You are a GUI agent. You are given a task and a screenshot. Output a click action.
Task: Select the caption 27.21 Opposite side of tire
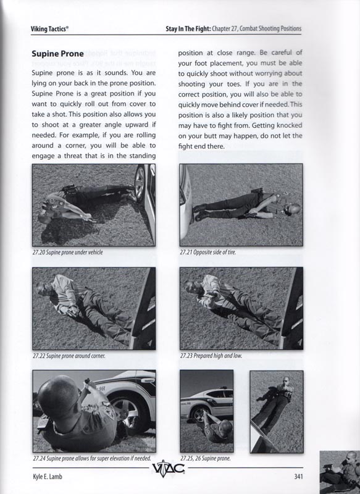click(207, 252)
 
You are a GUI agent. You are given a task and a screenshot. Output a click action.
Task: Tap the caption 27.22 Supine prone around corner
click(69, 356)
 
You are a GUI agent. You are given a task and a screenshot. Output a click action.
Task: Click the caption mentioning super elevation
click(92, 459)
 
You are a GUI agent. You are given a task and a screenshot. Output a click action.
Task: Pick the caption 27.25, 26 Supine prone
click(207, 459)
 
